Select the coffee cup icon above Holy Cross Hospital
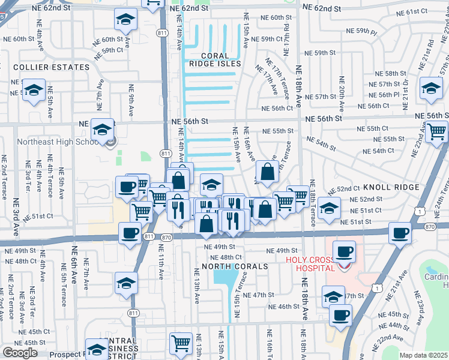(x=344, y=251)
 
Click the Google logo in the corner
(x=20, y=353)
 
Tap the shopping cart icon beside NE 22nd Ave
(x=436, y=130)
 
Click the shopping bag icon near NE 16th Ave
(x=267, y=172)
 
